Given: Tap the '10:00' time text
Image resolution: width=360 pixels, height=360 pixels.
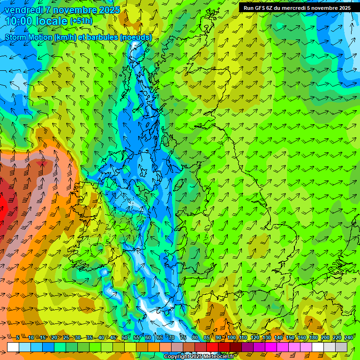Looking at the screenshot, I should pyautogui.click(x=19, y=21).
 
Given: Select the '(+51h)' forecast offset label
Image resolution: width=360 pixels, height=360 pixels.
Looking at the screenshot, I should pyautogui.click(x=81, y=21).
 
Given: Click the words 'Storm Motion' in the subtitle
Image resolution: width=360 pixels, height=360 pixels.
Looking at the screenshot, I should pyautogui.click(x=29, y=37).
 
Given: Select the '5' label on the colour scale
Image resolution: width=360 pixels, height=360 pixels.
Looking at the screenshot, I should pyautogui.click(x=18, y=338).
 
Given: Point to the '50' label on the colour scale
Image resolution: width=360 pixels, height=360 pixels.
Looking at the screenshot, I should pyautogui.click(x=125, y=338).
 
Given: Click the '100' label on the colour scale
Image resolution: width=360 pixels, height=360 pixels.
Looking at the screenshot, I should pyautogui.click(x=231, y=338).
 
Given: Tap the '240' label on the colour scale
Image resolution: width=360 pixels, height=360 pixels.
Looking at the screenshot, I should pyautogui.click(x=349, y=338).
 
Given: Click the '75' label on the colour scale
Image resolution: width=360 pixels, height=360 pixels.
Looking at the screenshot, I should pyautogui.click(x=183, y=338).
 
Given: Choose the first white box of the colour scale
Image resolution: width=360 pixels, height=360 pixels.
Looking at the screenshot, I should pyautogui.click(x=13, y=347).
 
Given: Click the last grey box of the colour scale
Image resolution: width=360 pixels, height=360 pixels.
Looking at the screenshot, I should pyautogui.click(x=341, y=347).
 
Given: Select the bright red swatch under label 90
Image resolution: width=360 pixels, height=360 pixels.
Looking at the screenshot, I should pyautogui.click(x=212, y=347).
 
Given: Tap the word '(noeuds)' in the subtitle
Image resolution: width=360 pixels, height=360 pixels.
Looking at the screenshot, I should pyautogui.click(x=136, y=37).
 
